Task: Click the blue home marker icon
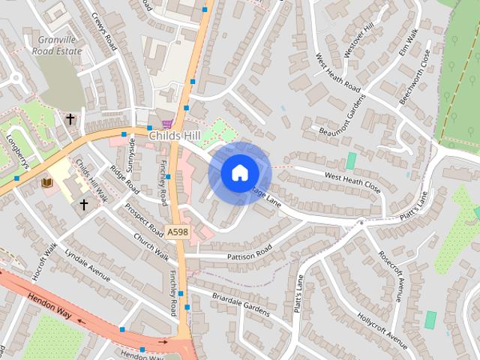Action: pos(239,172)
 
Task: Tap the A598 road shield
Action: pos(178,232)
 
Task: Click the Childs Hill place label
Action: pos(174,136)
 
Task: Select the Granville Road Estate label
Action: pos(57,44)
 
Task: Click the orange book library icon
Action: pos(46,183)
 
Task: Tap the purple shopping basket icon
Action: pos(166,124)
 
